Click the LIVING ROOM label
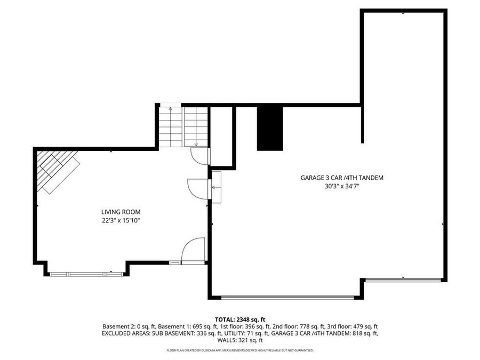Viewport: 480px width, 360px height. (x=121, y=212)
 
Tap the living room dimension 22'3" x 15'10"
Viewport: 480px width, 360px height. (x=121, y=220)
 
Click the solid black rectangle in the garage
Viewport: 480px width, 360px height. (x=270, y=128)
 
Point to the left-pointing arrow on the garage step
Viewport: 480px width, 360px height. (x=216, y=187)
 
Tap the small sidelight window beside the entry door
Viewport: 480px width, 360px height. (x=175, y=262)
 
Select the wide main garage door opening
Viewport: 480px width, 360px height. (x=287, y=298)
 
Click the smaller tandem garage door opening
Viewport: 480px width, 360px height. (x=404, y=279)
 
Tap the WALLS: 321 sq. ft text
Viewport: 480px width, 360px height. (x=240, y=340)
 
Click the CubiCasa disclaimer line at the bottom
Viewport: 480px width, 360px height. (x=240, y=350)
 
